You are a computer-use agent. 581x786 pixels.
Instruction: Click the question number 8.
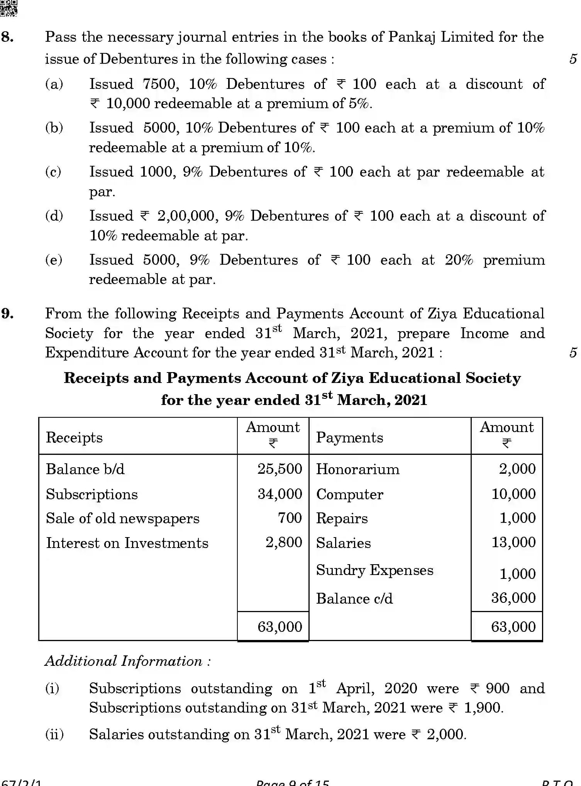click(x=8, y=37)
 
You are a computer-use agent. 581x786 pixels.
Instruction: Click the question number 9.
click(x=8, y=313)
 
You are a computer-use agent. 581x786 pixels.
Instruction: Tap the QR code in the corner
click(x=8, y=8)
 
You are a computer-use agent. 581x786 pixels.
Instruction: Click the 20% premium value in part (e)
click(x=459, y=260)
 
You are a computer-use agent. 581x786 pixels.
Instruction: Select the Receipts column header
click(x=74, y=438)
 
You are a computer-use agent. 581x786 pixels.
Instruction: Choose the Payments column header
click(x=349, y=438)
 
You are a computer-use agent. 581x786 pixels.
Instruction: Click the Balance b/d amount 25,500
click(x=279, y=469)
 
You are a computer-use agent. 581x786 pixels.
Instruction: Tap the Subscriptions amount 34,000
click(x=279, y=494)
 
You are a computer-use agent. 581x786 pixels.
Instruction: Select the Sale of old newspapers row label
click(x=122, y=519)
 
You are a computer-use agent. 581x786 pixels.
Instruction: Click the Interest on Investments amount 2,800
click(x=283, y=543)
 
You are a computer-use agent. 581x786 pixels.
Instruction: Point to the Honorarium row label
click(x=357, y=470)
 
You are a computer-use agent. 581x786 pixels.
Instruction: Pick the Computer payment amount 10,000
click(x=513, y=494)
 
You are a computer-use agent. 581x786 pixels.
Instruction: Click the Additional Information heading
click(x=128, y=661)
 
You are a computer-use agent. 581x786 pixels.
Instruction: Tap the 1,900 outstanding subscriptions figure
click(x=483, y=708)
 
